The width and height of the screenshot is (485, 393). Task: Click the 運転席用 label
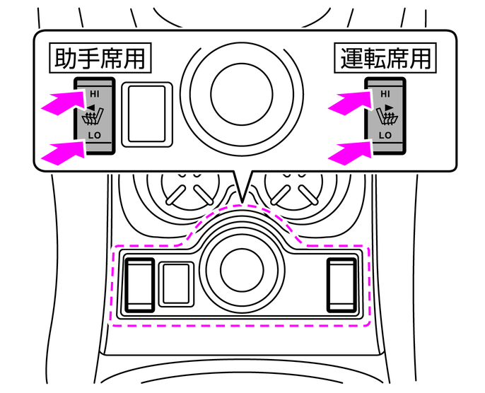coord(382,58)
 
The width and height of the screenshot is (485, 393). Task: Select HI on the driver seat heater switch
coord(385,93)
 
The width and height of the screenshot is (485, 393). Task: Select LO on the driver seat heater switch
coord(385,134)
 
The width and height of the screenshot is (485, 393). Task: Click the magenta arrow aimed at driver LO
coord(349,151)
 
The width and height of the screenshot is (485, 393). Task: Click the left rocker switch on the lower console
coord(140,285)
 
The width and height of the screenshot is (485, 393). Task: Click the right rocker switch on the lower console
coord(344,285)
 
